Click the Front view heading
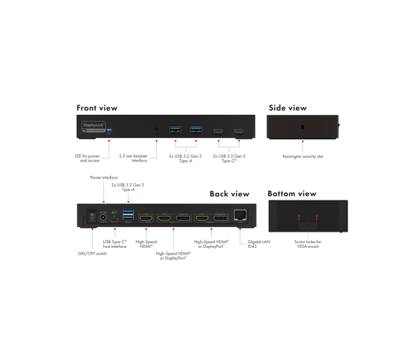coord(97,108)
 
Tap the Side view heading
coord(288,108)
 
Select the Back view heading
coord(230,194)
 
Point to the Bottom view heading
coord(292,194)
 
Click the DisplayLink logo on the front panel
coord(94,126)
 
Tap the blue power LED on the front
coord(109,130)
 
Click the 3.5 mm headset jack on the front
coord(156,129)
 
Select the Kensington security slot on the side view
coord(302,127)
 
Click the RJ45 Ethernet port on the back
coord(240,215)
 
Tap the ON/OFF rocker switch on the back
coord(92,216)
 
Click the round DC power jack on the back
coord(103,217)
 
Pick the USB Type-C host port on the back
coord(114,221)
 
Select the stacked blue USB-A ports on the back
coord(128,215)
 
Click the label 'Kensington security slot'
coord(303,156)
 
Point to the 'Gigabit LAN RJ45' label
coord(259,244)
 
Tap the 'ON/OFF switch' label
coord(92,253)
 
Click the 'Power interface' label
coord(104,177)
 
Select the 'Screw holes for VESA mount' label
coord(308,244)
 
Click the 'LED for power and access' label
coord(87,158)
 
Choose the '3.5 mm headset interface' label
coord(133,158)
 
